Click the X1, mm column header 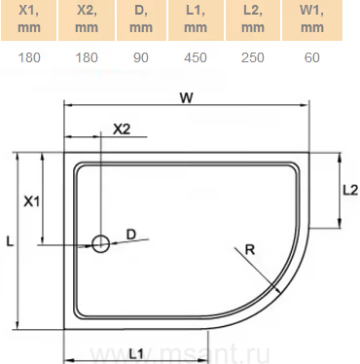coord(29,19)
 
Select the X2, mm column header coord(87,19)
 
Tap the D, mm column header coord(141,19)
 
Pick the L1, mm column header coord(196,19)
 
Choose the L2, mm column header coord(253,19)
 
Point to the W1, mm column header coord(312,19)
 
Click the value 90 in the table coord(141,57)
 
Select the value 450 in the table coord(196,57)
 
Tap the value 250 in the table coord(253,57)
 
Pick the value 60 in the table coord(312,57)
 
